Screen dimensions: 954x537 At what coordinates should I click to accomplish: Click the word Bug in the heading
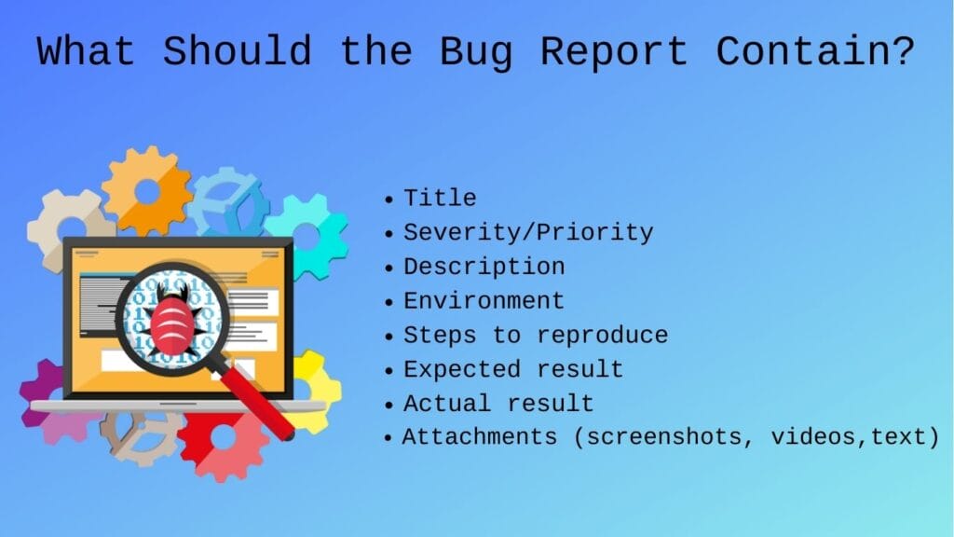[x=476, y=53]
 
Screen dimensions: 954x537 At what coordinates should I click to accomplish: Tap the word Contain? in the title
[x=815, y=50]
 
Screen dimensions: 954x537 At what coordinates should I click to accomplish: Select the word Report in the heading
[x=615, y=53]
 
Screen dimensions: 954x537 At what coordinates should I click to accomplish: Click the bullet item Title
[x=440, y=198]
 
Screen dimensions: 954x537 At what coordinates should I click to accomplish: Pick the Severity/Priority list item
[x=528, y=232]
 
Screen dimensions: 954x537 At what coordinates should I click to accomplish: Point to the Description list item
[x=484, y=267]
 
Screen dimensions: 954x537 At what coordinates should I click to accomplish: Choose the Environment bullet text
[x=484, y=301]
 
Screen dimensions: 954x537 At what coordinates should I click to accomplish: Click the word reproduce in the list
[x=603, y=336]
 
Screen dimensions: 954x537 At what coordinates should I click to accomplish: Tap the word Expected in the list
[x=462, y=370]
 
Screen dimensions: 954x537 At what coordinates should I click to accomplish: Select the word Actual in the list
[x=447, y=404]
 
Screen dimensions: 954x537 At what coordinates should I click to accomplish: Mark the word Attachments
[x=480, y=437]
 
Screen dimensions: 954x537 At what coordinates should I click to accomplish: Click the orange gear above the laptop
[x=148, y=191]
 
